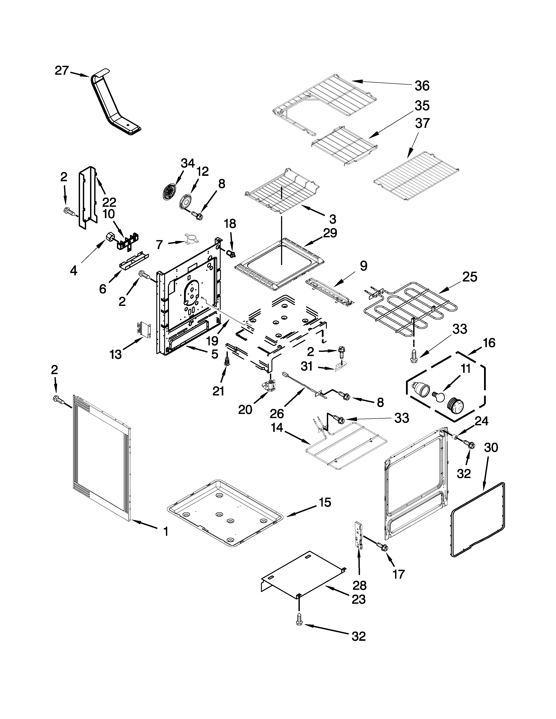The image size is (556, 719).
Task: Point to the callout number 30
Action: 491,448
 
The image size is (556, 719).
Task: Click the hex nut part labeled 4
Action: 109,237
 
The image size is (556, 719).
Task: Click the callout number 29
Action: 330,233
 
